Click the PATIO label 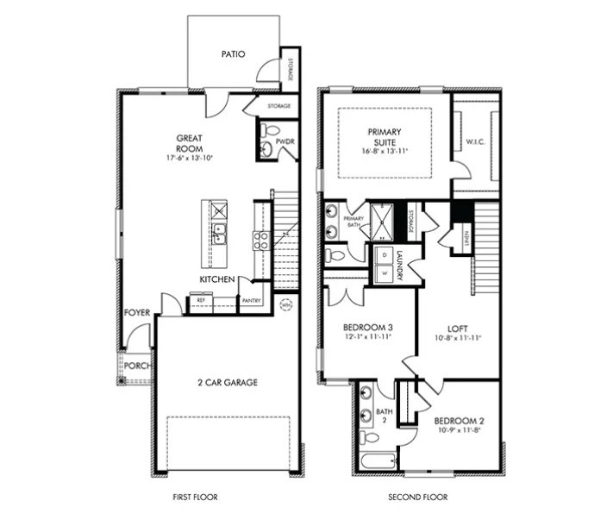(x=233, y=54)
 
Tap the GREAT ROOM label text (x=190, y=143)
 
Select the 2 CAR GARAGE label (x=228, y=382)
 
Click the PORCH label (x=136, y=365)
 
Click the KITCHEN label (x=218, y=280)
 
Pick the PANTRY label (x=252, y=301)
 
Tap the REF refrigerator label (x=201, y=301)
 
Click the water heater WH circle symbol (x=287, y=304)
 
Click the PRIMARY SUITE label (x=385, y=137)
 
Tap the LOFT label (x=457, y=329)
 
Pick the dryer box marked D (x=384, y=256)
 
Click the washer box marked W (x=384, y=273)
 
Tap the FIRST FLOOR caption (x=196, y=498)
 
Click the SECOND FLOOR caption (x=418, y=498)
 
